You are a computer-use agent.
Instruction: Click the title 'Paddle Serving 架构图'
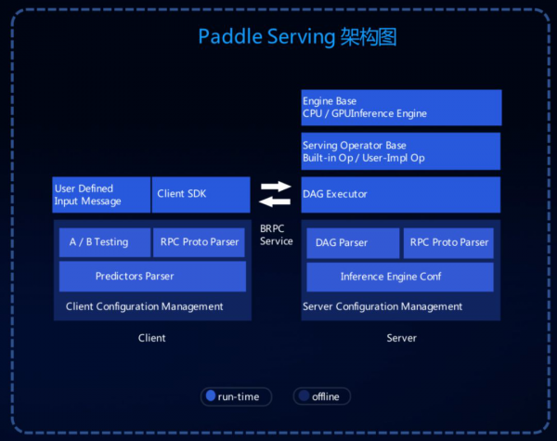(x=297, y=36)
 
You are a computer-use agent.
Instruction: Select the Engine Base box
(x=401, y=108)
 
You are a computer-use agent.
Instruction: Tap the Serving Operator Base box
(x=401, y=151)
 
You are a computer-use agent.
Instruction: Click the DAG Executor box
(x=401, y=195)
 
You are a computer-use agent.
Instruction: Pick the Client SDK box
(x=201, y=195)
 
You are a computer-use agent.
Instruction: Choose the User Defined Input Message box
(x=101, y=195)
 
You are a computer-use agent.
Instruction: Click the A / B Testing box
(x=105, y=242)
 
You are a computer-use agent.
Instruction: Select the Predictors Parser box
(x=152, y=277)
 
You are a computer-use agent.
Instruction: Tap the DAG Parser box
(x=353, y=243)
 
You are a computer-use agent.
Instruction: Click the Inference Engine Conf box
(x=400, y=278)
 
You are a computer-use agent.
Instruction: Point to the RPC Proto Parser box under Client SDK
(x=199, y=242)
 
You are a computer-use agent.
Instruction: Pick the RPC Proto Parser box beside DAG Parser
(x=448, y=243)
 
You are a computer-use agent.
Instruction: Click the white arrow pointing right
(x=276, y=187)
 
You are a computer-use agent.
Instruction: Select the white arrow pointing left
(x=275, y=201)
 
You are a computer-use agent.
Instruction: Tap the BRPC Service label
(x=277, y=235)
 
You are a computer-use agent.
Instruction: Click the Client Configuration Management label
(x=144, y=306)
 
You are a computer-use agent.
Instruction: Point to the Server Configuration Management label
(x=382, y=306)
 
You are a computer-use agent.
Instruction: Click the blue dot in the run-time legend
(x=211, y=396)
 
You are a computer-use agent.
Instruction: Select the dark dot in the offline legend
(x=304, y=396)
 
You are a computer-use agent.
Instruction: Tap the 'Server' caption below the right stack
(x=401, y=338)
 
